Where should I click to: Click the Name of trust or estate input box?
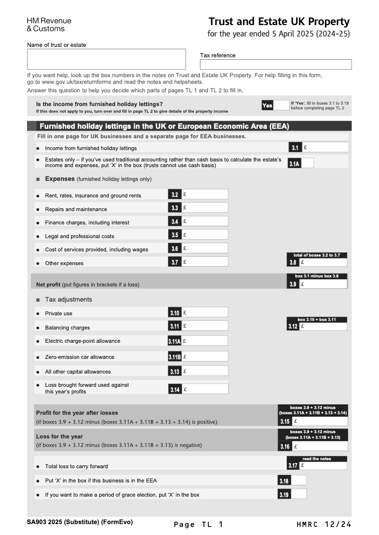106,59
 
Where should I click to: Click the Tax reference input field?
276,64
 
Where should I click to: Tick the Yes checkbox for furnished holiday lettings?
281,106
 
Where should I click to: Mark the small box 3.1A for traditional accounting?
307,163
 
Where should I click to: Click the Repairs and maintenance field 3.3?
204,207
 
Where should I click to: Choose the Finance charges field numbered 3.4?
204,221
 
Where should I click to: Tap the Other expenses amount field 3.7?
204,262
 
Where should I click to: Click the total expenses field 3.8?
323,262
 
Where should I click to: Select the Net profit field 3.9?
323,284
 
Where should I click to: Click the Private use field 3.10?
204,312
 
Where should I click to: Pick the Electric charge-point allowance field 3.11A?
204,341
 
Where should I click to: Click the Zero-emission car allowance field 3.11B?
204,357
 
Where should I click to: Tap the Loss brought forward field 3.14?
204,389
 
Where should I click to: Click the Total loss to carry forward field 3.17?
323,465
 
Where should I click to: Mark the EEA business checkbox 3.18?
298,481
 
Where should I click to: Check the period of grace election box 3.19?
298,494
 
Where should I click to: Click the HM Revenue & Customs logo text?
49,25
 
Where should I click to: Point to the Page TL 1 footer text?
198,524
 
